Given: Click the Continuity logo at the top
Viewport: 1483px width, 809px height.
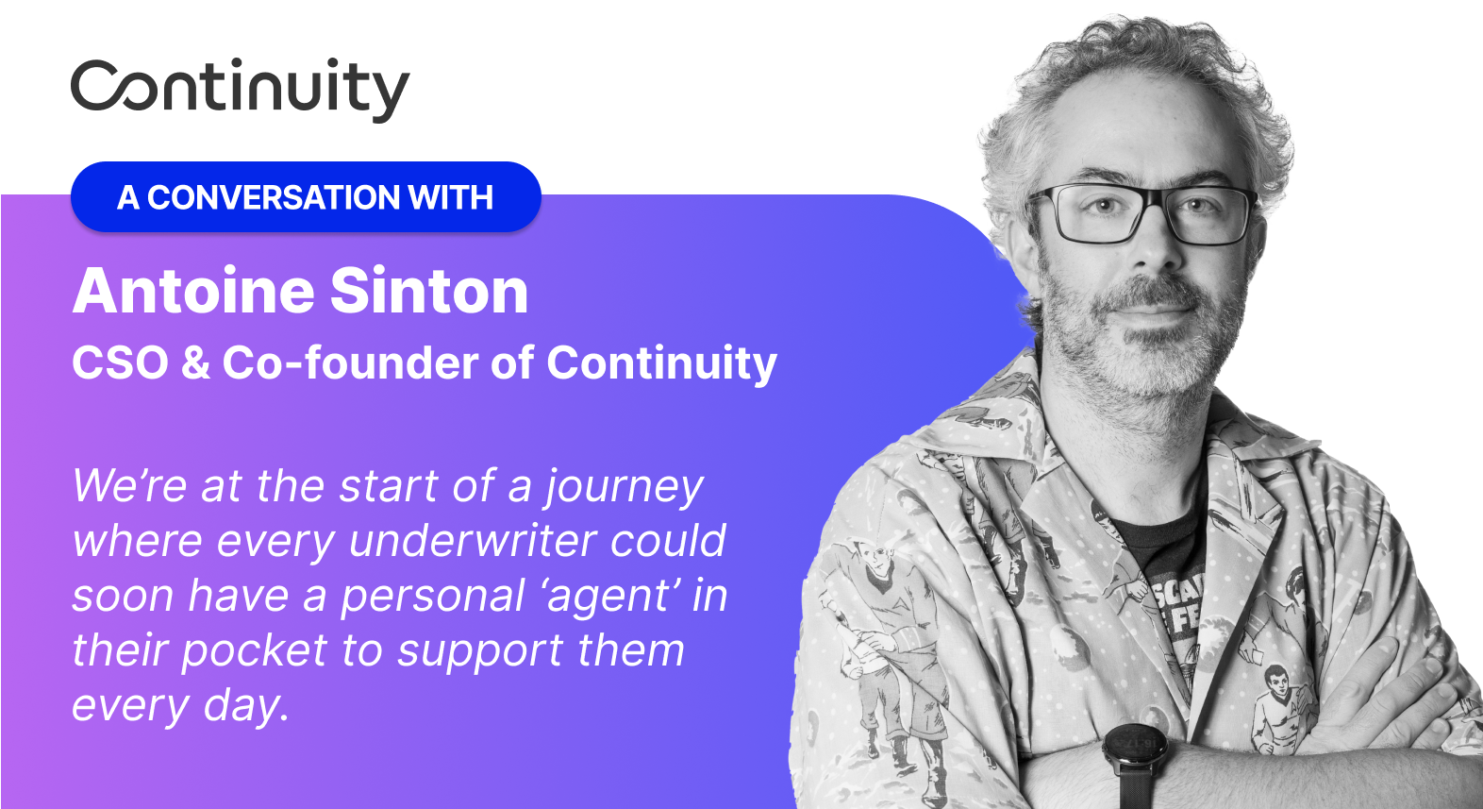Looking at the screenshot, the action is click(241, 89).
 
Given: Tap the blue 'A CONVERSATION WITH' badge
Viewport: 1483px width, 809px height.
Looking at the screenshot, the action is click(306, 196).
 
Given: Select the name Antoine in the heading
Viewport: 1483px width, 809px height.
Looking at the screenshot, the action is click(193, 291).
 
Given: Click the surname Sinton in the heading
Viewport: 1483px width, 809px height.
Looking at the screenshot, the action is click(429, 291).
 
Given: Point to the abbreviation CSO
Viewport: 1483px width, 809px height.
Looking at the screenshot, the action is click(120, 362).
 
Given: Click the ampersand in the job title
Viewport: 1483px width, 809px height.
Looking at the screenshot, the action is click(195, 363).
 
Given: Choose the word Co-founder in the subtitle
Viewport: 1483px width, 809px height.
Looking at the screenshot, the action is click(350, 362).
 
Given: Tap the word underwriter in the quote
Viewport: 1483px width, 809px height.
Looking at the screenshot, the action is click(472, 541).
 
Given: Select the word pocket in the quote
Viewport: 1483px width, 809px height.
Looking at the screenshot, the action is click(255, 652).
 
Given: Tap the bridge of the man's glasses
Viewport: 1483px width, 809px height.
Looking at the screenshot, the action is click(1156, 199).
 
